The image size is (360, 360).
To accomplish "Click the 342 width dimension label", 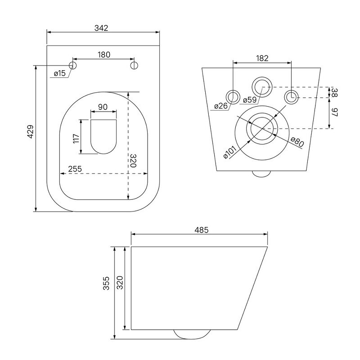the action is point(101,28).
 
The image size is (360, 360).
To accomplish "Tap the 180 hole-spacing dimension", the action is point(104,55).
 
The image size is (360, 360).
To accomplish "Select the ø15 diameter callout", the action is point(60,73).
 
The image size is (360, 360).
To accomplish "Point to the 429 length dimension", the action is point(31,131).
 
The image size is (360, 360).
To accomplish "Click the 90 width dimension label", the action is point(103,107).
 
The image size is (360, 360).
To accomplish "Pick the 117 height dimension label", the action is point(76,139).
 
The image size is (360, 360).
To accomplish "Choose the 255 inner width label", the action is point(75,169).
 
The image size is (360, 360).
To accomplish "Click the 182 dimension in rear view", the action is point(262,58).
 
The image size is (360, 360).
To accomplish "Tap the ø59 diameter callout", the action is point(250,100).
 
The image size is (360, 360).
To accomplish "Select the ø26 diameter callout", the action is point(221,106).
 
